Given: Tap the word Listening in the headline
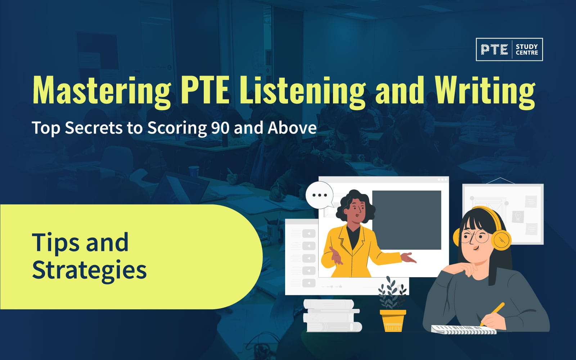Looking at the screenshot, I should click(x=302, y=90).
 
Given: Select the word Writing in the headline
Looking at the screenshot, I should click(x=485, y=90).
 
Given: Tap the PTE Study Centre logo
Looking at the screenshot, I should click(x=509, y=49).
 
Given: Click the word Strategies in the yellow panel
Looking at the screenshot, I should click(x=89, y=270).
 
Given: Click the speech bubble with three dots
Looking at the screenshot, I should click(x=319, y=195).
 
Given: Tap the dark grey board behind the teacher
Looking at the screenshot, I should click(x=406, y=220).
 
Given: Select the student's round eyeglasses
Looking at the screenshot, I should click(x=476, y=237).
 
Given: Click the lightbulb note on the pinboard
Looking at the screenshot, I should click(x=518, y=216).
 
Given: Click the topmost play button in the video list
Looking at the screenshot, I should click(x=309, y=234).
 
